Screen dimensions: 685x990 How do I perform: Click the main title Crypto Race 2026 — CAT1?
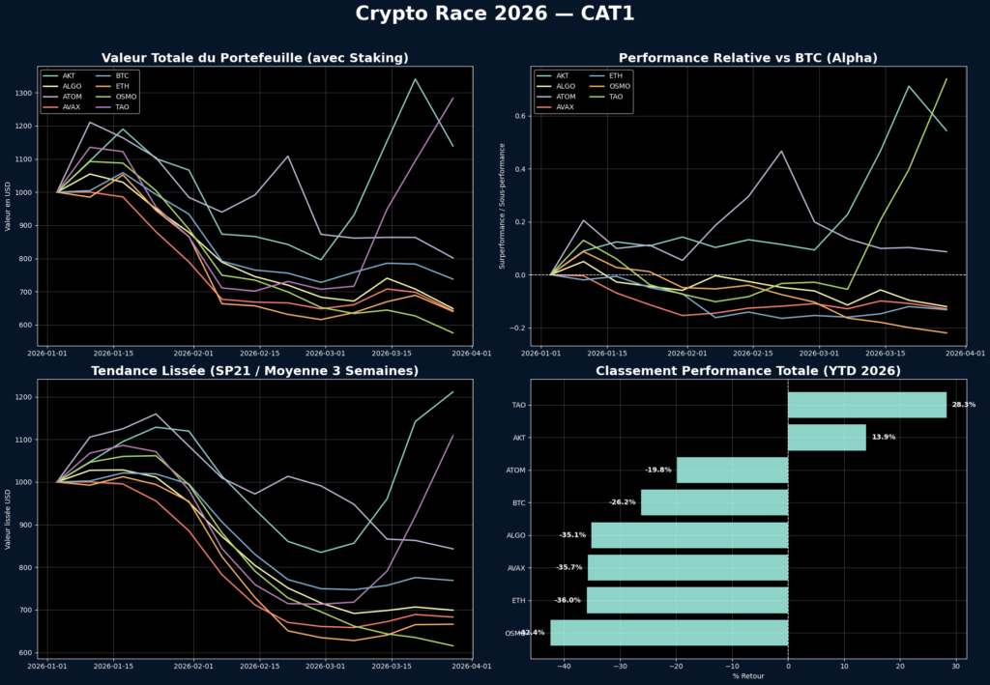point(495,14)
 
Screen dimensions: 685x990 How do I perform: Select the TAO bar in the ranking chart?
point(866,405)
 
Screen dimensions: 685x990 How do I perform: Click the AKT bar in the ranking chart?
point(827,438)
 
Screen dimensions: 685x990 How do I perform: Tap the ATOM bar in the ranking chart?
point(732,470)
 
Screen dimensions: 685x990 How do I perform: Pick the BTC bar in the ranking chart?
point(714,502)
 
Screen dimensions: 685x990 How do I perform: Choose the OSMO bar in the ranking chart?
point(669,633)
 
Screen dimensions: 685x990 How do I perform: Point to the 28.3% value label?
point(963,405)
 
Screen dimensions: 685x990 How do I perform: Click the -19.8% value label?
point(658,470)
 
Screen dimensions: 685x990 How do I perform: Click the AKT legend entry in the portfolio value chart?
point(69,75)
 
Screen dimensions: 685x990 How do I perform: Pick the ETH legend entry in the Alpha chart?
point(616,75)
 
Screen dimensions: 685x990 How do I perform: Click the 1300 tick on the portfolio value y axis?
point(22,93)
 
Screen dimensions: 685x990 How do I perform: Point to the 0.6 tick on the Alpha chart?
point(519,116)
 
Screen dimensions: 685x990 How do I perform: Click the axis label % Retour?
point(748,676)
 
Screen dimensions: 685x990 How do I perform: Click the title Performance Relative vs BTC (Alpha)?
point(748,58)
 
